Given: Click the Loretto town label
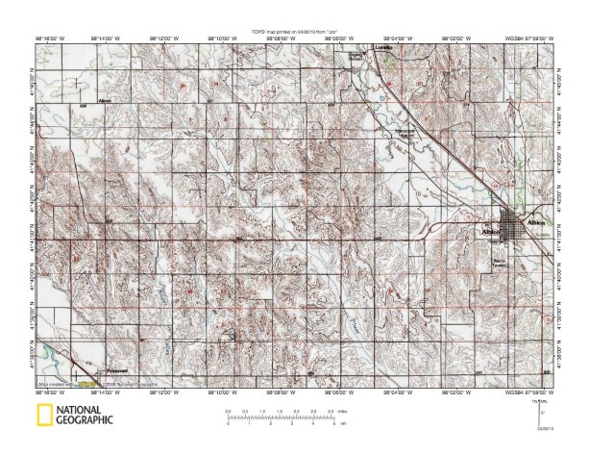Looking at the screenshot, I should (x=385, y=47).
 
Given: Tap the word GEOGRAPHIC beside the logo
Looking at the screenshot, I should (x=86, y=420).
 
